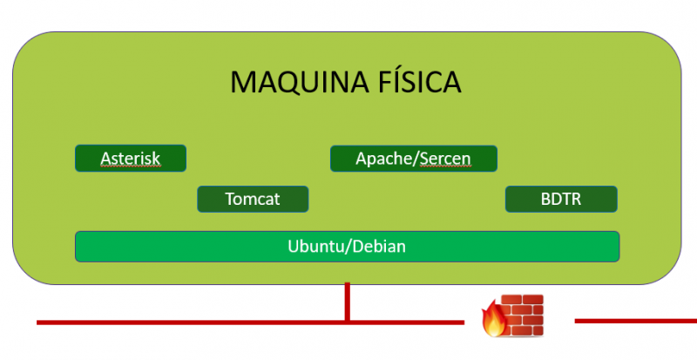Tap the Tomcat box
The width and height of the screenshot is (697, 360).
point(253,199)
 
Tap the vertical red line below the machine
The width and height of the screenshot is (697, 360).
point(348,301)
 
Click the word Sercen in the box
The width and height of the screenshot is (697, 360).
point(446,159)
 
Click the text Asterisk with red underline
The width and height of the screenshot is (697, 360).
point(131,159)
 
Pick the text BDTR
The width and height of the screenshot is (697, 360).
point(561,199)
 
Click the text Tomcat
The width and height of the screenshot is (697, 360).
point(253,199)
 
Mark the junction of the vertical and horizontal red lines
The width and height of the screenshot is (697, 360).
point(348,322)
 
